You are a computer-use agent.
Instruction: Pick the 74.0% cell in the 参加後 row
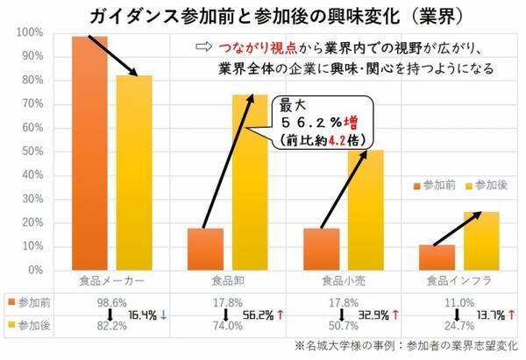pyautogui.click(x=225, y=325)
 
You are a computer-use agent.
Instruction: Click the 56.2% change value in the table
pyautogui.click(x=257, y=313)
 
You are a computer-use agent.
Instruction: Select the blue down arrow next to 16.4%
pyautogui.click(x=164, y=313)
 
